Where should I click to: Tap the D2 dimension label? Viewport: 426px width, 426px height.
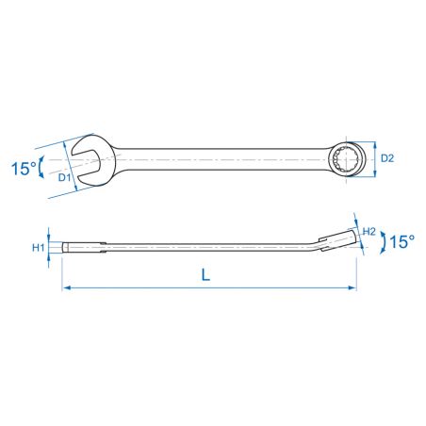[385, 157]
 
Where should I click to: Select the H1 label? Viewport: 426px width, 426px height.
[38, 248]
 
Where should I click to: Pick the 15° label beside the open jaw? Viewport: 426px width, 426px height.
[23, 169]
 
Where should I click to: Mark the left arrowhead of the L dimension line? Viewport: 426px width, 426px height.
[66, 287]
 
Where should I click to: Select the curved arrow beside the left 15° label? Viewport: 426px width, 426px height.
[41, 170]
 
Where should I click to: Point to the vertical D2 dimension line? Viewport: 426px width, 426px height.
[374, 157]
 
